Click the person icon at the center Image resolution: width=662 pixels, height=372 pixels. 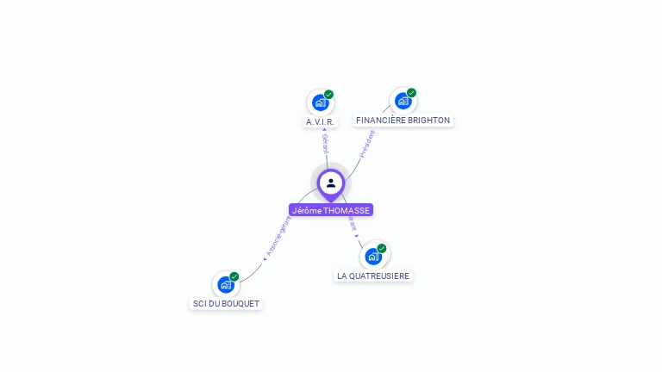tap(331, 183)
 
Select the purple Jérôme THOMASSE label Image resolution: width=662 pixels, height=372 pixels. tap(331, 210)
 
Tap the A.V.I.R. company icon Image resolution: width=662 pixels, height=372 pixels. tap(320, 102)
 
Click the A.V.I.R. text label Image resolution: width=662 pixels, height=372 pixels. tap(320, 121)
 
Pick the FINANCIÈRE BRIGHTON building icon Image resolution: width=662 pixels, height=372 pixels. tap(403, 101)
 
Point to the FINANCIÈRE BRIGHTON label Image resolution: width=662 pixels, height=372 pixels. tap(403, 121)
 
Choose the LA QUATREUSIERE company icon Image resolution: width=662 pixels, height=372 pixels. tap(373, 256)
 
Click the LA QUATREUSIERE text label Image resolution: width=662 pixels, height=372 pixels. tap(373, 276)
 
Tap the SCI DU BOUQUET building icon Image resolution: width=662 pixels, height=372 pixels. tap(225, 284)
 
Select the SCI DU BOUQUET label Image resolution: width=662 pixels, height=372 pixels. tap(226, 304)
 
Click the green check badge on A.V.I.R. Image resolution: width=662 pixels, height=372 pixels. tap(328, 95)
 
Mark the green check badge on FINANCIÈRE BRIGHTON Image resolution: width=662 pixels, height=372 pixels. tap(411, 93)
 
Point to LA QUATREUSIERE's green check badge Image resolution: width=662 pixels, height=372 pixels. tap(382, 248)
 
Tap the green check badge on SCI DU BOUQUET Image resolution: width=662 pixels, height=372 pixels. tap(234, 276)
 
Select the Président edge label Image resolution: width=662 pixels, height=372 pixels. tap(367, 143)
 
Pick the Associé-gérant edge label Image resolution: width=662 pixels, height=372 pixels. tap(277, 236)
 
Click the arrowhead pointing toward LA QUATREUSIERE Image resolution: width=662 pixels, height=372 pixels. tap(357, 235)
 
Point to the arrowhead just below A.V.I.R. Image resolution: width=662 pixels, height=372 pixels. tap(323, 130)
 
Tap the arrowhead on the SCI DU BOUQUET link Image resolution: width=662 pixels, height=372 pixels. tap(264, 258)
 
